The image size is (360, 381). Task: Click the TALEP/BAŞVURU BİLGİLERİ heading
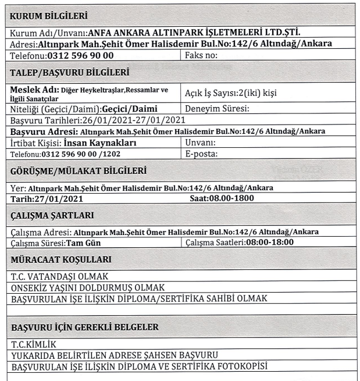(x=69, y=73)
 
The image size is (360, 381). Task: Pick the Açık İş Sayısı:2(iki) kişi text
(x=230, y=94)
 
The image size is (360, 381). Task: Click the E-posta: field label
(x=201, y=154)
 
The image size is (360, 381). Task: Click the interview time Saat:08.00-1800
(x=222, y=199)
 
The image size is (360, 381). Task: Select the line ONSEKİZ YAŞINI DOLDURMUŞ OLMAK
(x=88, y=287)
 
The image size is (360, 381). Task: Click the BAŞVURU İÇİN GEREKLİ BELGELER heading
(x=85, y=327)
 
